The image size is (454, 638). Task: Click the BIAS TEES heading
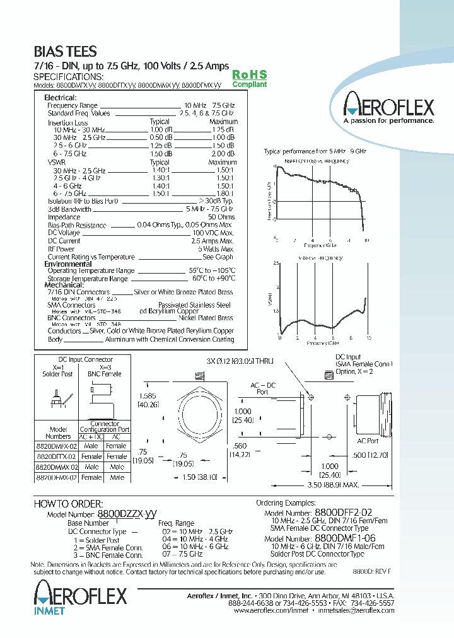(x=65, y=52)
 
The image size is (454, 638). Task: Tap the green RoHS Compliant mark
(x=250, y=79)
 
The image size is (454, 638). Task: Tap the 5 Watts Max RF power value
(x=216, y=249)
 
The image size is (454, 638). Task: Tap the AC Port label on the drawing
(x=368, y=441)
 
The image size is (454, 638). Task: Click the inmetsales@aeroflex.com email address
(x=353, y=611)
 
